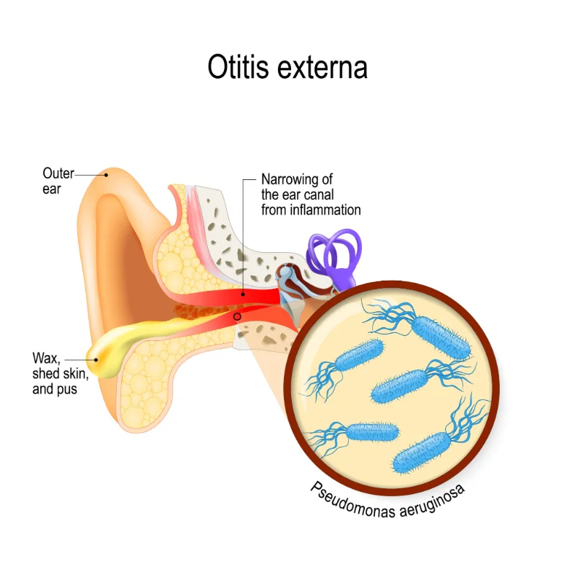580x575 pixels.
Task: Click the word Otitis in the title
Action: [x=238, y=67]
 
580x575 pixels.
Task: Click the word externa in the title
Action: [x=322, y=68]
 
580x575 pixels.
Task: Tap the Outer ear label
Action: [x=58, y=181]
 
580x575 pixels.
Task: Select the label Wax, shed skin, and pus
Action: [x=61, y=374]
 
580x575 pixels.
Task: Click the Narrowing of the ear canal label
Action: [x=311, y=195]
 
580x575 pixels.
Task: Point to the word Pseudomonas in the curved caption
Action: [x=352, y=501]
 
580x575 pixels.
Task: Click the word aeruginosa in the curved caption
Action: [x=433, y=502]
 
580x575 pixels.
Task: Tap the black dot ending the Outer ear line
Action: [x=107, y=175]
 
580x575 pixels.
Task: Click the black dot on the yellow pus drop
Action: [x=96, y=359]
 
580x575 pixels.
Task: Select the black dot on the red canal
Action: [x=243, y=294]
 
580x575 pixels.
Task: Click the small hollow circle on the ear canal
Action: [x=237, y=316]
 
